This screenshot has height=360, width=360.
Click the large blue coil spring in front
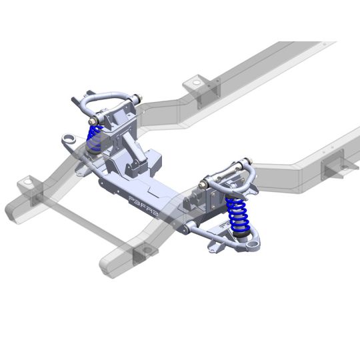[x=238, y=215]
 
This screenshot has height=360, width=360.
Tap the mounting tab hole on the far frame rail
[x=197, y=83]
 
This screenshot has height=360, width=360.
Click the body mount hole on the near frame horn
[x=147, y=251]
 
